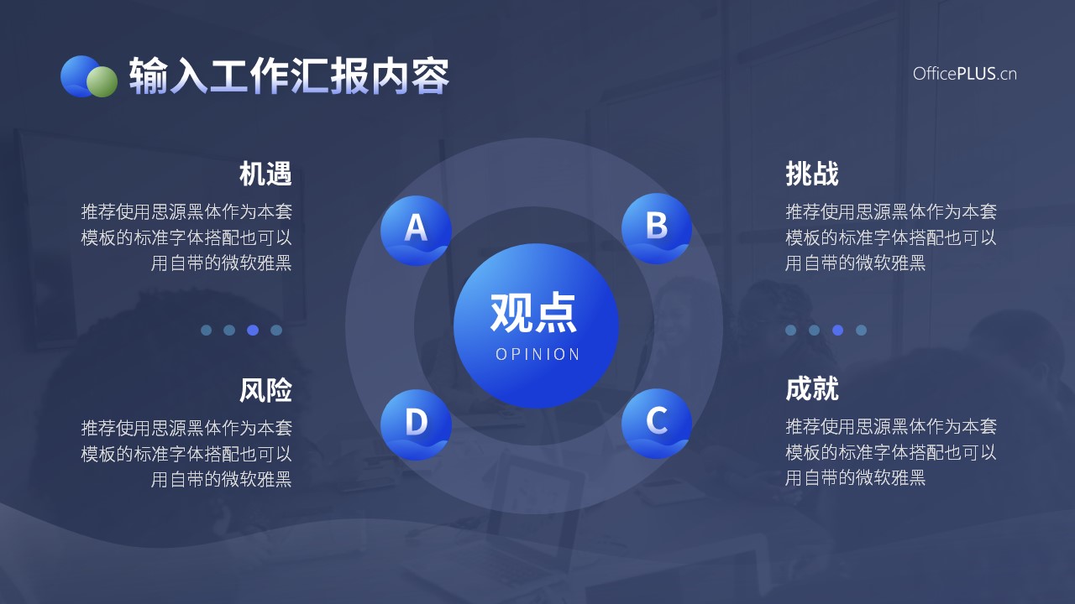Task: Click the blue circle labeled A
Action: [416, 231]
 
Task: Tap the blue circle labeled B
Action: [657, 228]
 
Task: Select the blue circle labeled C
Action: [657, 424]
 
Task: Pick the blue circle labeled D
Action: [416, 424]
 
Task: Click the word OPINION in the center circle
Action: [537, 354]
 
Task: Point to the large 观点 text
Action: [533, 313]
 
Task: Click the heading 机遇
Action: [265, 174]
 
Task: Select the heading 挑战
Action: [812, 174]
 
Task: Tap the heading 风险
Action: [265, 389]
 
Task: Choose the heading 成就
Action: [812, 388]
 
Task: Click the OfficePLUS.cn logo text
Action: [965, 74]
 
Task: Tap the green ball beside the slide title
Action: [102, 81]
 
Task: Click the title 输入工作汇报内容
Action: [289, 75]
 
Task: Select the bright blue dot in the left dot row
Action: [253, 330]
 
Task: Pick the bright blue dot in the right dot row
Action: [838, 330]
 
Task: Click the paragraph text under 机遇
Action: [186, 237]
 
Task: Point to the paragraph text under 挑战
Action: [891, 237]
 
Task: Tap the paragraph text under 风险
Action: [186, 454]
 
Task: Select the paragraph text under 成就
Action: [891, 452]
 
